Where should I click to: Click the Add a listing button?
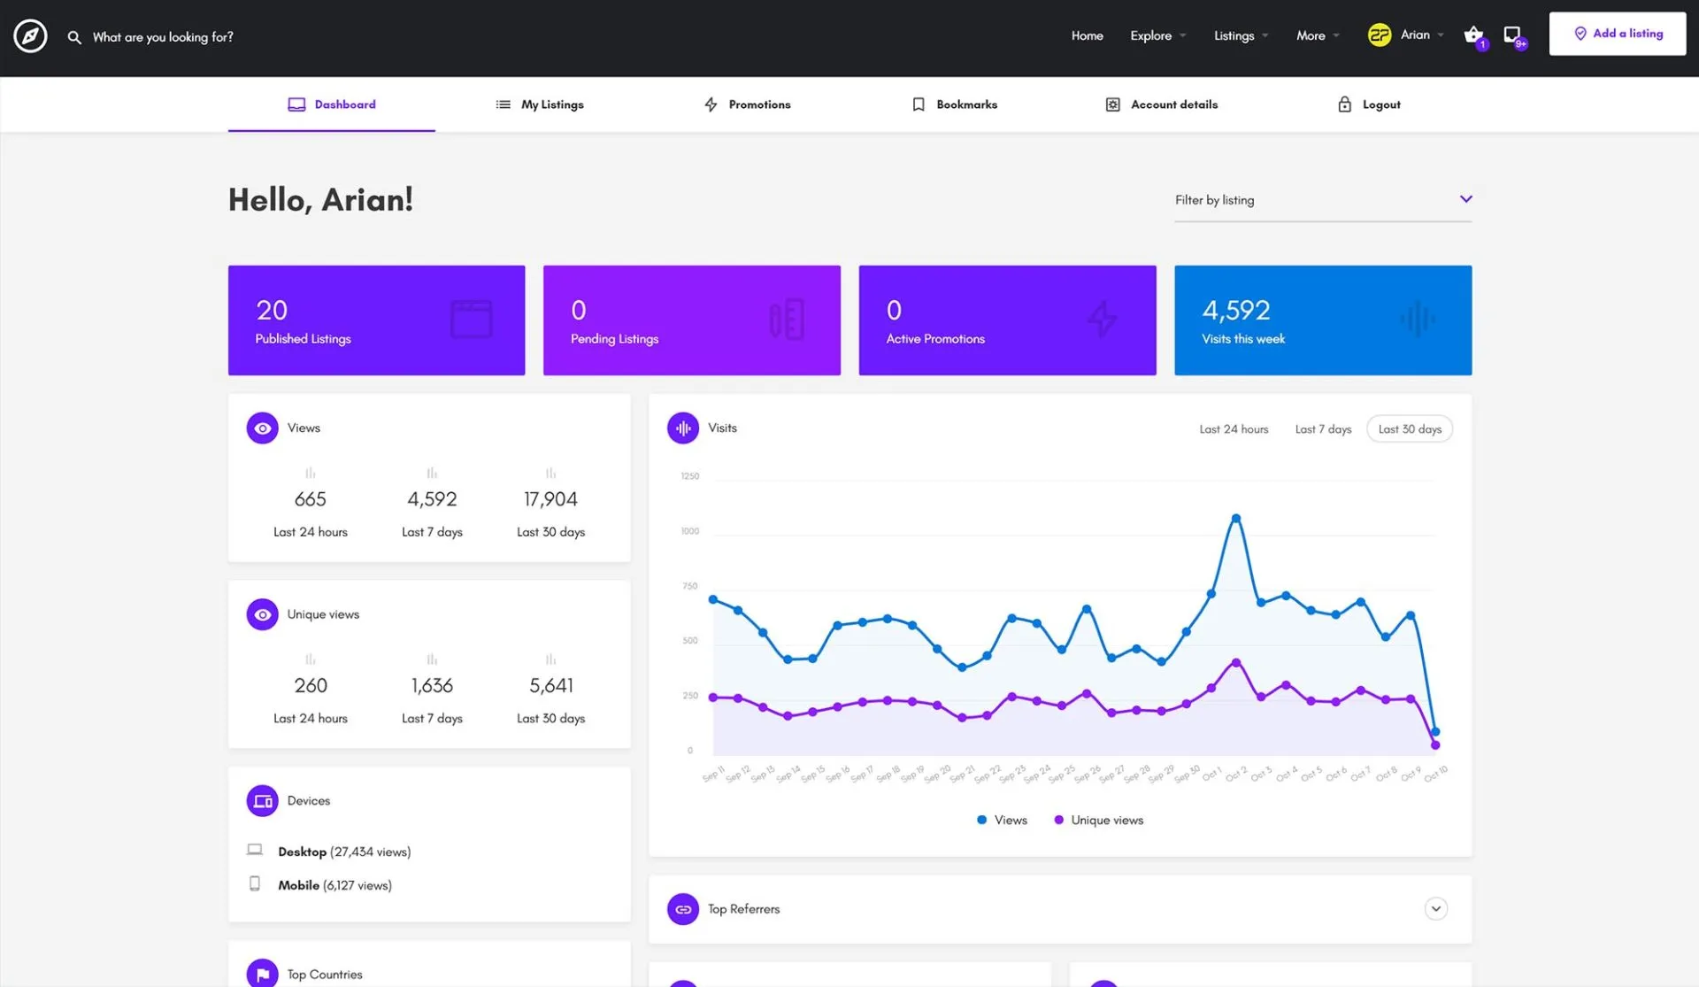(1618, 34)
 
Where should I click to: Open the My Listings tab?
(540, 104)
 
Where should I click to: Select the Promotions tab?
(748, 104)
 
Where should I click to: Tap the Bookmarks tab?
(955, 104)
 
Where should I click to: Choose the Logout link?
(1369, 104)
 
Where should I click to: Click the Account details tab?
(1162, 104)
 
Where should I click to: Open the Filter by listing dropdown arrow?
(1465, 199)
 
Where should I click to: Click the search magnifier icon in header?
(74, 37)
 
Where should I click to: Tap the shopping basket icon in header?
(1472, 35)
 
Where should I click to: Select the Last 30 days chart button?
(1410, 429)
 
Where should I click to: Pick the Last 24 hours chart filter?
(1234, 429)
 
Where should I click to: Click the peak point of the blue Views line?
(1236, 519)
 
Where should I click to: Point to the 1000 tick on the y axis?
(689, 531)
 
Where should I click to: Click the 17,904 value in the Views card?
(550, 499)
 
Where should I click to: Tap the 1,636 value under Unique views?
(432, 686)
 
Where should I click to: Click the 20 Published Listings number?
(272, 310)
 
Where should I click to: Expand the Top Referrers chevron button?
(1435, 909)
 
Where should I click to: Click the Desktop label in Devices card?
(302, 852)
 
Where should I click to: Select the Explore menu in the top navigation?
(1151, 35)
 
